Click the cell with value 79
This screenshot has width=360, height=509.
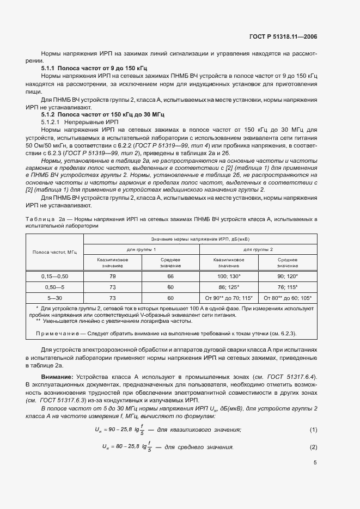(x=112, y=277)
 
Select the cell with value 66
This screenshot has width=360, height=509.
(x=170, y=277)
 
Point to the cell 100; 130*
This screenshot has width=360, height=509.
(x=229, y=277)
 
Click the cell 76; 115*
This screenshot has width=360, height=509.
(x=287, y=287)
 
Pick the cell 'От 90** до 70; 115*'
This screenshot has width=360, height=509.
(x=229, y=298)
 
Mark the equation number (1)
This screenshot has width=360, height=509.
(x=313, y=430)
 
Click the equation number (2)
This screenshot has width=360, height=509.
(x=313, y=447)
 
